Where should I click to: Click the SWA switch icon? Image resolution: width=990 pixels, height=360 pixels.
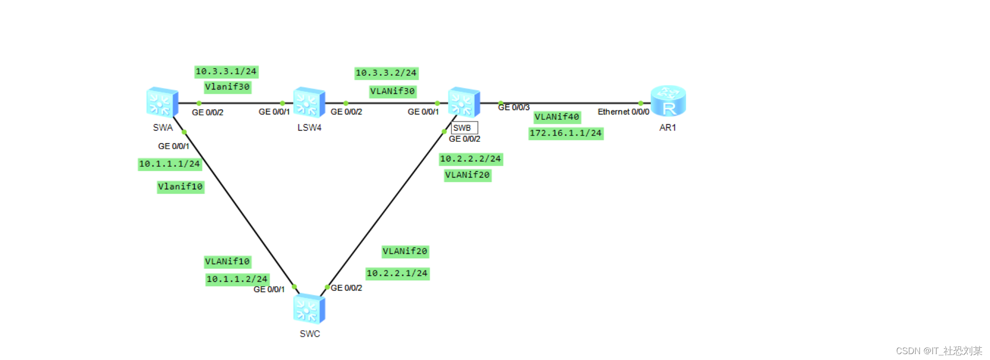162,102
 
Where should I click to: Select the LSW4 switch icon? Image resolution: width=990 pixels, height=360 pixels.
309,102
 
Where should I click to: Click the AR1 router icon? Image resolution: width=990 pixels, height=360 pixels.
668,101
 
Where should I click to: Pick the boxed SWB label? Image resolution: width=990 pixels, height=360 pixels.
463,128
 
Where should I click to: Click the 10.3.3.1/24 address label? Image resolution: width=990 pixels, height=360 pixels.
226,72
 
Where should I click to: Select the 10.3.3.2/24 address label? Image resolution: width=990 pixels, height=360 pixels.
386,73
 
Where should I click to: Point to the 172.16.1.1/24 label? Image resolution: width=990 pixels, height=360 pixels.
566,133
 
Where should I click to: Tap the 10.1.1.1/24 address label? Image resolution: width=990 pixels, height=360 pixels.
169,164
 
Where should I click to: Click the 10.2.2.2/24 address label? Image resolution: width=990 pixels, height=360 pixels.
471,159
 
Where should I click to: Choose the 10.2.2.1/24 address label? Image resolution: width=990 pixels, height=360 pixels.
397,273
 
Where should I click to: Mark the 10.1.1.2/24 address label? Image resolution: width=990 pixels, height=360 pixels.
237,279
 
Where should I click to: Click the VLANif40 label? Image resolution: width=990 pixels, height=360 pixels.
557,117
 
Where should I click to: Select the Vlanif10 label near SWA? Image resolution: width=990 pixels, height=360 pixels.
180,187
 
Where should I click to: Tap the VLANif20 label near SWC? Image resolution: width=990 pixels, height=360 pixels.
405,251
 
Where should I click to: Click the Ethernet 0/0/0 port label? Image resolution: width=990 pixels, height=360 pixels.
623,112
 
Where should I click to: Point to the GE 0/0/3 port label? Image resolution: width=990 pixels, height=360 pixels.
514,108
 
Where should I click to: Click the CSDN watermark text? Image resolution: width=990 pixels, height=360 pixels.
939,351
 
